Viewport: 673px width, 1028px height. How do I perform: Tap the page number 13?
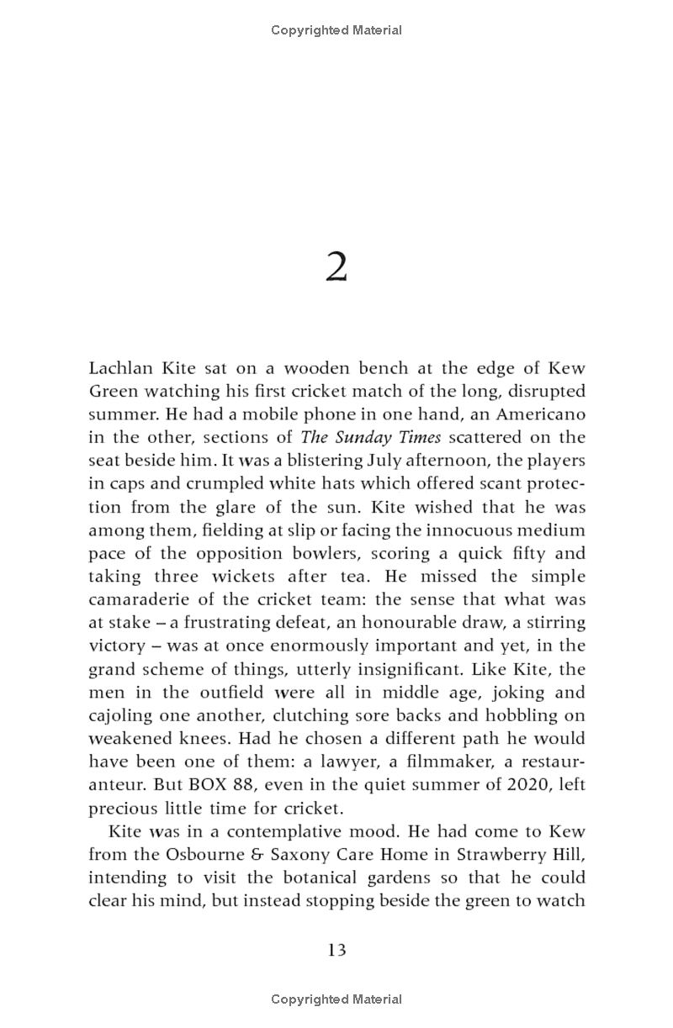coord(336,950)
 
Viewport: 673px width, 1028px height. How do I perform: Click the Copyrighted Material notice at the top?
coord(336,30)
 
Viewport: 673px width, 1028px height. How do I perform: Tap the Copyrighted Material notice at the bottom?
coord(336,999)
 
